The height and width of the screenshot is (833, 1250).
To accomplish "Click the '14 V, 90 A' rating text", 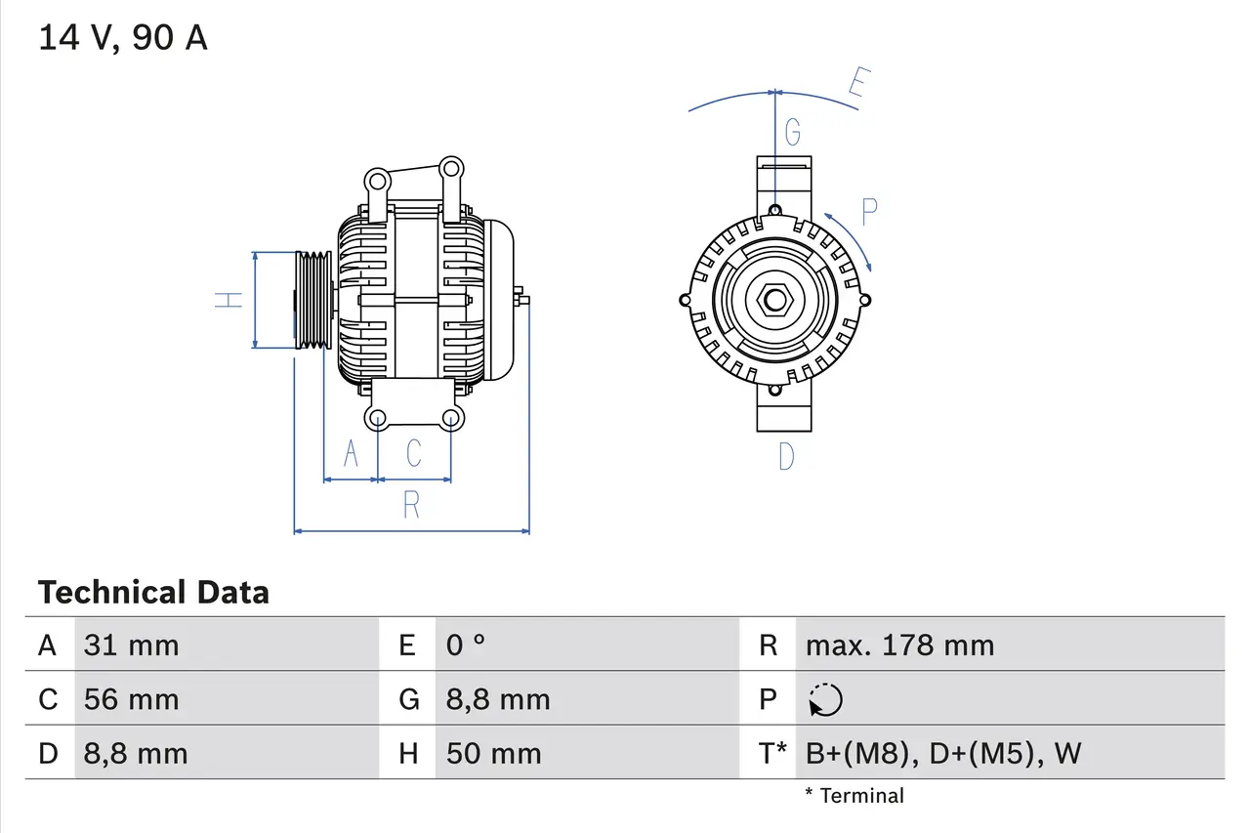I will pyautogui.click(x=122, y=38).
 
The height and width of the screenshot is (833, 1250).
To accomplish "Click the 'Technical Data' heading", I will pyautogui.click(x=153, y=593).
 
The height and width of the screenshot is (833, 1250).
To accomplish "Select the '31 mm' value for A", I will pyautogui.click(x=132, y=646).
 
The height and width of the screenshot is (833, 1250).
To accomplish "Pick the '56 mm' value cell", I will pyautogui.click(x=132, y=699).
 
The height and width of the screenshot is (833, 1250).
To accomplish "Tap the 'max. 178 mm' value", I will pyautogui.click(x=899, y=646).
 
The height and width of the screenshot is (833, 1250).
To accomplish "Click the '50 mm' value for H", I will pyautogui.click(x=493, y=753).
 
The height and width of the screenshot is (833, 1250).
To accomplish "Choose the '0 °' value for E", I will pyautogui.click(x=466, y=646).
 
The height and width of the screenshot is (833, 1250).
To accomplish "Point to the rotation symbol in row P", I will pyautogui.click(x=826, y=699).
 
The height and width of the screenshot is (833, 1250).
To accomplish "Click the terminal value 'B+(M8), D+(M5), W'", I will pyautogui.click(x=943, y=753).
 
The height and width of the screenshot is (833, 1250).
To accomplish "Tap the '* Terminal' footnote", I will pyautogui.click(x=854, y=796).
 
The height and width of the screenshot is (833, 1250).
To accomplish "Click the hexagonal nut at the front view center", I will pyautogui.click(x=774, y=300).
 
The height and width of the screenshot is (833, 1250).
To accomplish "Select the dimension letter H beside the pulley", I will pyautogui.click(x=229, y=300).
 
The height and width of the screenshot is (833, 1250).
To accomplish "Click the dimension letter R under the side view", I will pyautogui.click(x=411, y=505).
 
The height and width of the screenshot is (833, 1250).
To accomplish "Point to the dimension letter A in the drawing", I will pyautogui.click(x=352, y=453).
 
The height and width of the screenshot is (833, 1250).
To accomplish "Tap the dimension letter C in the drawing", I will pyautogui.click(x=414, y=453).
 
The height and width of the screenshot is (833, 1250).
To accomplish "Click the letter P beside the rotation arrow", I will pyautogui.click(x=868, y=209).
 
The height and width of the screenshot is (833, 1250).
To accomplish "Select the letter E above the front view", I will pyautogui.click(x=856, y=85).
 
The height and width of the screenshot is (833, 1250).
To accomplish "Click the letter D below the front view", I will pyautogui.click(x=786, y=456).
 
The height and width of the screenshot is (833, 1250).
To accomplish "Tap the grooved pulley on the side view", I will pyautogui.click(x=313, y=300).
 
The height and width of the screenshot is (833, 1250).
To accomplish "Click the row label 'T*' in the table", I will pyautogui.click(x=771, y=753).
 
